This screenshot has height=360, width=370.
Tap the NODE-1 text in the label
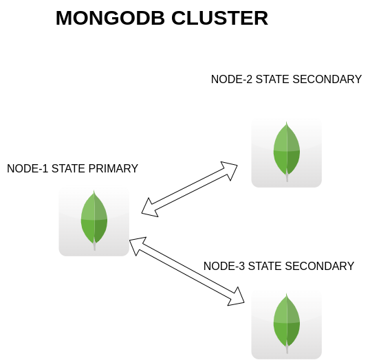[x=28, y=168]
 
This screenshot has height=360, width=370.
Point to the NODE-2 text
[x=232, y=79]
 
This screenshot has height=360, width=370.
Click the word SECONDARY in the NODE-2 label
[x=327, y=79]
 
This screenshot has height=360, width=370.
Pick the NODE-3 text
[x=224, y=266]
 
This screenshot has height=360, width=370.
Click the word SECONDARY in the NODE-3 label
[x=319, y=266]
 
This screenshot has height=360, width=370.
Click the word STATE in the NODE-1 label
[x=69, y=168]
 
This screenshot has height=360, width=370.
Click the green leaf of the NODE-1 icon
[x=94, y=216]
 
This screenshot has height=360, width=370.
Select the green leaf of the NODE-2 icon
[x=287, y=148]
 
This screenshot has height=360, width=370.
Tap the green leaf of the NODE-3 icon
[x=287, y=319]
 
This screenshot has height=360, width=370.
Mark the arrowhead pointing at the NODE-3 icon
[x=237, y=297]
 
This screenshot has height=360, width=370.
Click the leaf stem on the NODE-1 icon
[x=94, y=246]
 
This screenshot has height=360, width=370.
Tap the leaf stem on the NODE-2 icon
[x=287, y=177]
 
